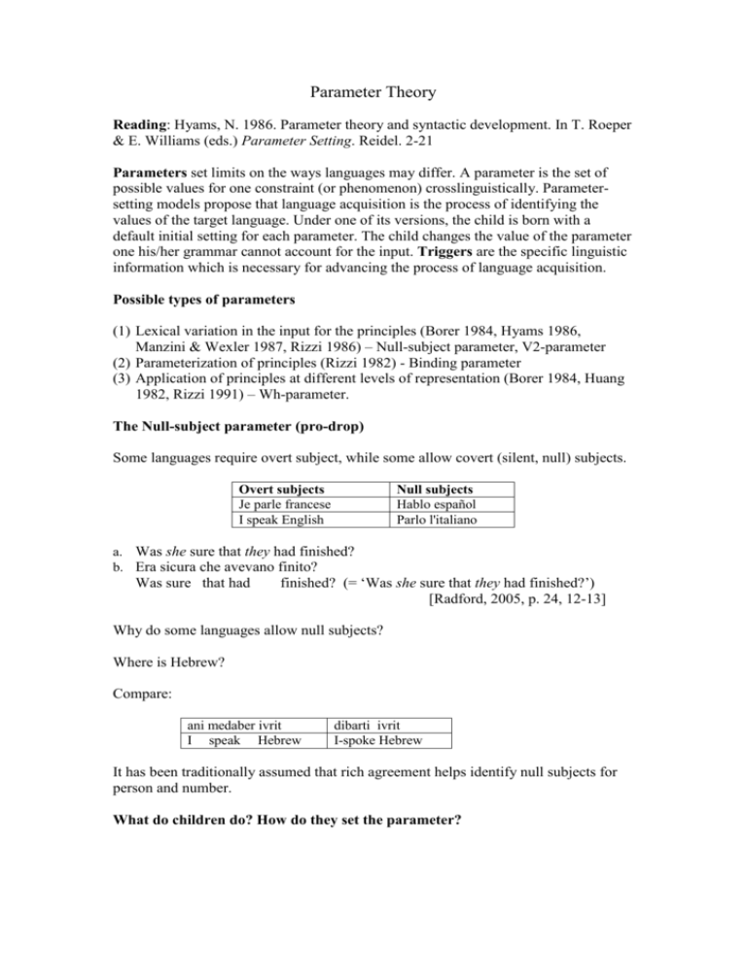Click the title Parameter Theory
[x=373, y=92]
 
